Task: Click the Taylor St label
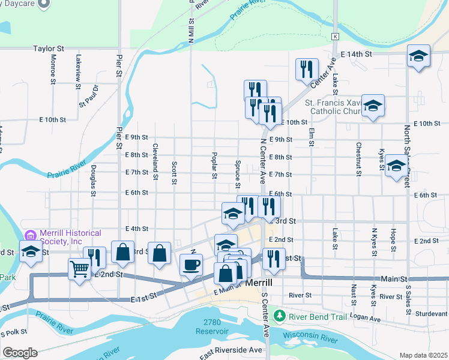[49, 49]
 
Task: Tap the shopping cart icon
[79, 268]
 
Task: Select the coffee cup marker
[191, 264]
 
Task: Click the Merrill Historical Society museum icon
[31, 235]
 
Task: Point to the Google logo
[20, 353]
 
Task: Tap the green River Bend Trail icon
[278, 314]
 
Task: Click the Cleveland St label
[155, 162]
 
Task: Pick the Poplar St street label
[214, 165]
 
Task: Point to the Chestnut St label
[358, 159]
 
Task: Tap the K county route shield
[335, 37]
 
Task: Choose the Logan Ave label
[366, 319]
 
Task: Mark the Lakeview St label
[78, 72]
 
